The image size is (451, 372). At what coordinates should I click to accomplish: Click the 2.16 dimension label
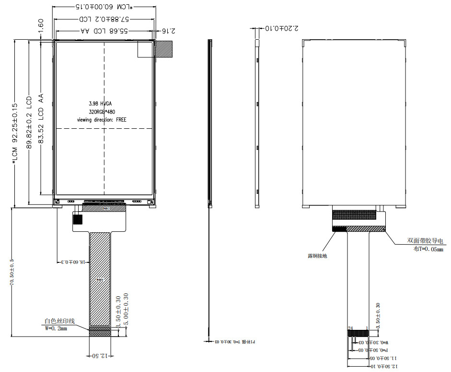click(x=166, y=31)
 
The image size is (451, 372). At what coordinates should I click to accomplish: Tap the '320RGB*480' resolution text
click(x=102, y=112)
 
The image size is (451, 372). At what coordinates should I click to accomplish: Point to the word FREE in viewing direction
click(x=121, y=119)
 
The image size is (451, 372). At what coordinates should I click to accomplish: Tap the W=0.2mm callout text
click(x=56, y=328)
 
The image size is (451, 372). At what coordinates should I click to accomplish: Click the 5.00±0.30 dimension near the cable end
click(x=126, y=309)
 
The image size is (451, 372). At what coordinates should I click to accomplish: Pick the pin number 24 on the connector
click(x=350, y=328)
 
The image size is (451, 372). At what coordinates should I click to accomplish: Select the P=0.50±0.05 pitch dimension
click(x=372, y=350)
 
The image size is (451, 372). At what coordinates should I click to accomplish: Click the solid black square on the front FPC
click(x=77, y=219)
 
